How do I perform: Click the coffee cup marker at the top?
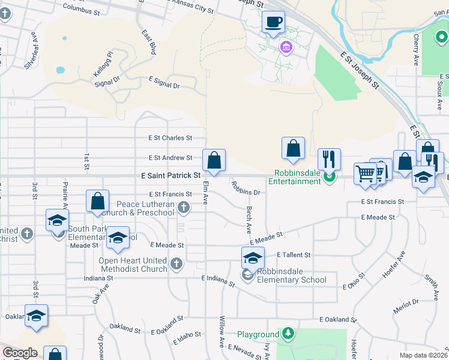[274, 22]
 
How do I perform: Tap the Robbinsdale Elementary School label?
[292, 275]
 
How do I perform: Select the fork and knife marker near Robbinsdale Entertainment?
[328, 159]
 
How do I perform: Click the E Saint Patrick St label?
[170, 176]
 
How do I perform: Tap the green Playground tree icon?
[289, 333]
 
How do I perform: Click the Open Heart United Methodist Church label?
[133, 265]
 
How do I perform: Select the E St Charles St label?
[170, 138]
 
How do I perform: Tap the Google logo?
[20, 353]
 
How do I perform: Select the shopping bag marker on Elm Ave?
[214, 160]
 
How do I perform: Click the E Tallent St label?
[294, 255]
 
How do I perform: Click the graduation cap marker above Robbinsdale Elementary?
[253, 258]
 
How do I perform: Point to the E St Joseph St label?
[360, 68]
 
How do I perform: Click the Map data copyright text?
[423, 355]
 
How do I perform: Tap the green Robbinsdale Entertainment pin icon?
[328, 176]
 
